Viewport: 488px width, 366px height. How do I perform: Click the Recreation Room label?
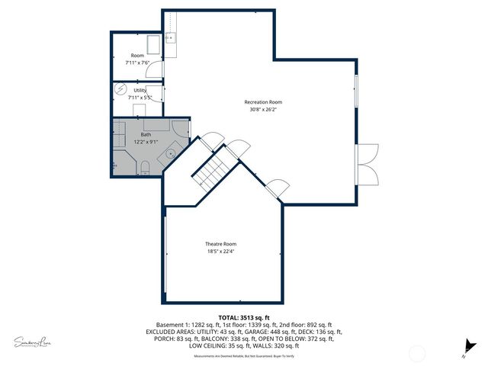[263, 102]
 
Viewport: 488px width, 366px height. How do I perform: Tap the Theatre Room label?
[220, 244]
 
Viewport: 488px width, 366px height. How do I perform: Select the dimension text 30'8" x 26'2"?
[263, 110]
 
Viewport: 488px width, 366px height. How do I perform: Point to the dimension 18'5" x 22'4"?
[220, 252]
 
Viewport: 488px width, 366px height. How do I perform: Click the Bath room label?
[146, 134]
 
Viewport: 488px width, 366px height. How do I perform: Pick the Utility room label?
[140, 91]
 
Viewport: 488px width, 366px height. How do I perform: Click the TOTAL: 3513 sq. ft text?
[244, 317]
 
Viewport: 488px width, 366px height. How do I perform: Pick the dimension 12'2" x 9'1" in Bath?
[146, 142]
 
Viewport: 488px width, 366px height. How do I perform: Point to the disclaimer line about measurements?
[244, 357]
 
